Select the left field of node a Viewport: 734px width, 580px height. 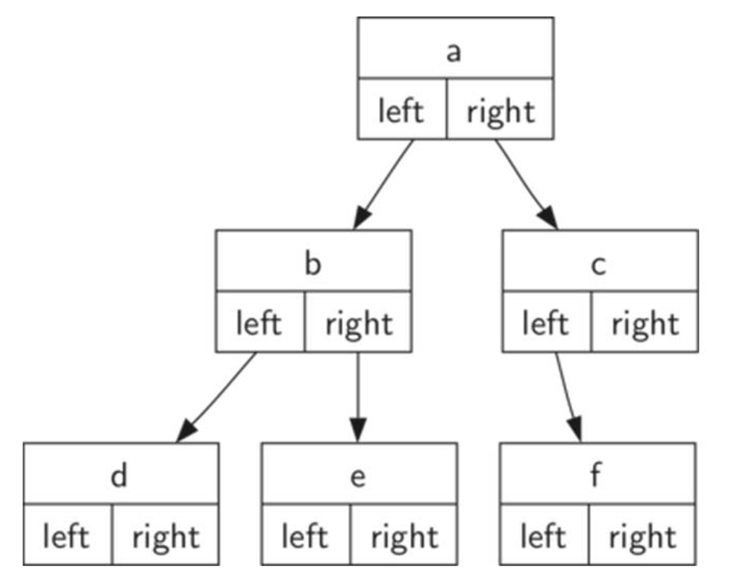click(401, 112)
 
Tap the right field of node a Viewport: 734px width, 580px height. click(501, 112)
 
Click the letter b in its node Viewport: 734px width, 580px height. click(313, 265)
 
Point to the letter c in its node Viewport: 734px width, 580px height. click(598, 265)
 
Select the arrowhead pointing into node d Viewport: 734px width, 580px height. click(186, 432)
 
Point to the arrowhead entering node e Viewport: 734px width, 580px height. click(359, 430)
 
